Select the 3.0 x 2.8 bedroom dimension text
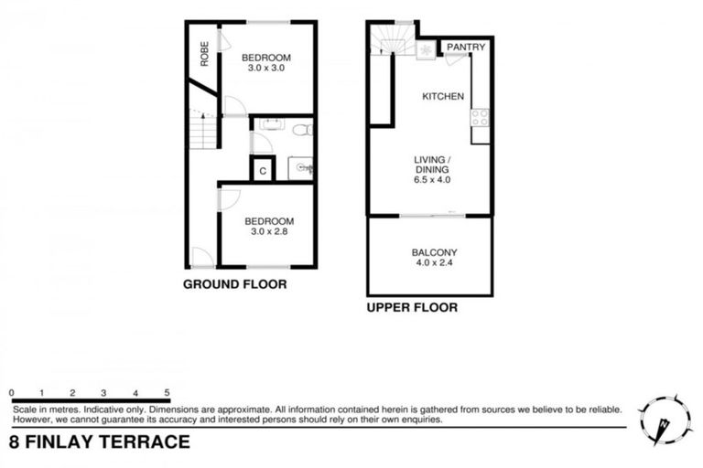[268, 232]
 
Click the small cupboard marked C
[263, 169]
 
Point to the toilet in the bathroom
[303, 132]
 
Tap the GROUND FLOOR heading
[235, 284]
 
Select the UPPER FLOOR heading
[412, 308]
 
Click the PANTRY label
[466, 48]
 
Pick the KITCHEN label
[442, 97]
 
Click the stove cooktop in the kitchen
[480, 117]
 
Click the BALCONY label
[434, 253]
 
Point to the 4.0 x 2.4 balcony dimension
[434, 265]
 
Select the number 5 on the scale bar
[166, 392]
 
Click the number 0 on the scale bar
[12, 392]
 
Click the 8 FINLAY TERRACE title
[99, 442]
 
